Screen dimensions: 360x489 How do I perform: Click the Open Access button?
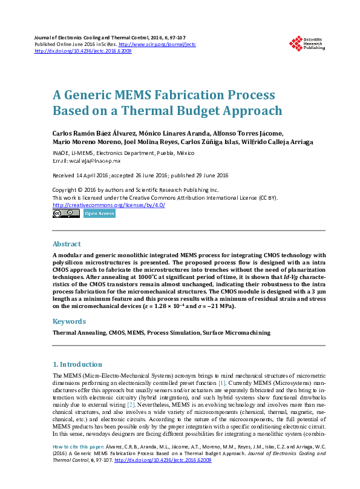(100, 214)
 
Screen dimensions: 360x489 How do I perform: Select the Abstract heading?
(67, 244)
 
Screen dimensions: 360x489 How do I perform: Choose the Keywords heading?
(69, 321)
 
